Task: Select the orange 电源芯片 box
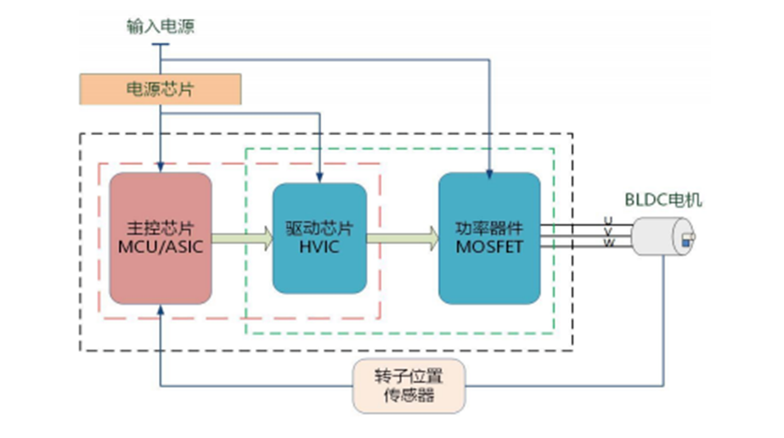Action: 160,88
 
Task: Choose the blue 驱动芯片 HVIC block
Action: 319,239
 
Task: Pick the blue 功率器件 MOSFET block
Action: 489,239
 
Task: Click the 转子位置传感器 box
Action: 410,385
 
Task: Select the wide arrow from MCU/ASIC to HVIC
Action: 242,239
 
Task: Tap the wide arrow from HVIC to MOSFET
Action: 402,239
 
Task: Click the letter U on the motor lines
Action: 607,221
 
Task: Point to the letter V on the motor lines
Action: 607,232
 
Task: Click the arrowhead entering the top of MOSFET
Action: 489,175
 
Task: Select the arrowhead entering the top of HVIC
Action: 319,178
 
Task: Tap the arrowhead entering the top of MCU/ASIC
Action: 160,168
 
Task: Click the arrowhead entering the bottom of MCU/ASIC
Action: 160,312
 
